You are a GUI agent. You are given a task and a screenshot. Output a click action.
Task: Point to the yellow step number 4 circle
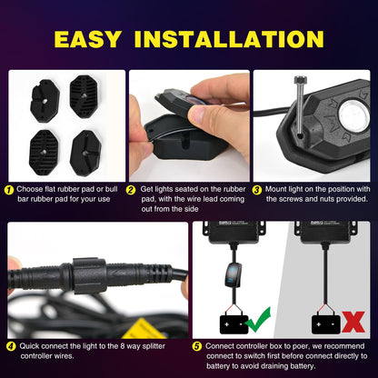coord(10,345)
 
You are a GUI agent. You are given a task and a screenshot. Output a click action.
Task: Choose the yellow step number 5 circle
coord(197,345)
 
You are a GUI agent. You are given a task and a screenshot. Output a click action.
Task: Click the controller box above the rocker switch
coord(239,233)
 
